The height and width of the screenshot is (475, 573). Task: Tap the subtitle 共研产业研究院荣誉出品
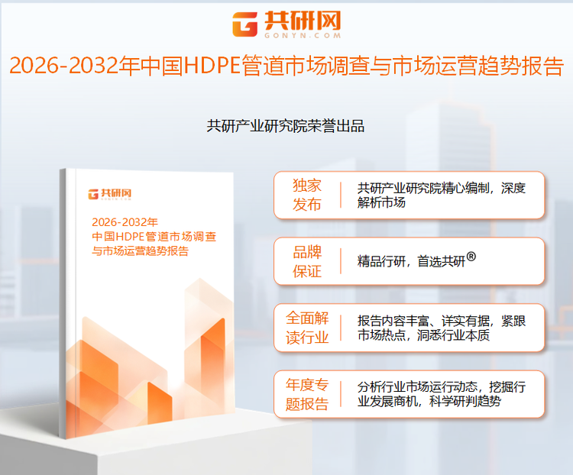pyautogui.click(x=286, y=126)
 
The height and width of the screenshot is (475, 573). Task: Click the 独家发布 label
pyautogui.click(x=307, y=195)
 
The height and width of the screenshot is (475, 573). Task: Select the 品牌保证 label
pyautogui.click(x=307, y=262)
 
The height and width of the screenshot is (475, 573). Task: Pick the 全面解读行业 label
pyautogui.click(x=307, y=328)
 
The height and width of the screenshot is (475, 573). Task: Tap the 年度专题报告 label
pyautogui.click(x=307, y=394)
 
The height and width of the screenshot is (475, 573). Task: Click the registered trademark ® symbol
pyautogui.click(x=471, y=257)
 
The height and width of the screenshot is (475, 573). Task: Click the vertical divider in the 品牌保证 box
pyautogui.click(x=341, y=262)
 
